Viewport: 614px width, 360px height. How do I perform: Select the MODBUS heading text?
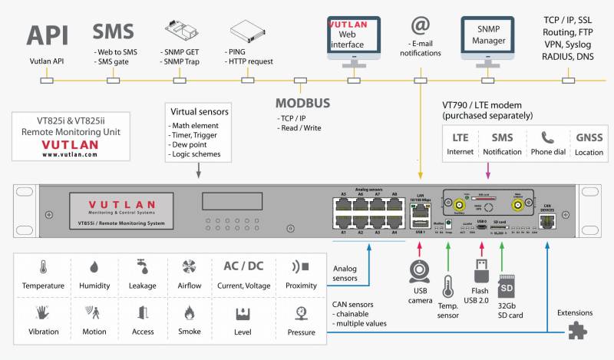[302, 103]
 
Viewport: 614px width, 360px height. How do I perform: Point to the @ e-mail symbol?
[420, 26]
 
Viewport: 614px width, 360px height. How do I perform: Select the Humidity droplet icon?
[94, 267]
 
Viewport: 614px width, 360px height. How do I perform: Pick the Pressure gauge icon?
[301, 312]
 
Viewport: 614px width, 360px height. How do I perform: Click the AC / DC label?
[243, 266]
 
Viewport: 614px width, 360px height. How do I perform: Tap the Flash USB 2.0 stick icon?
[480, 275]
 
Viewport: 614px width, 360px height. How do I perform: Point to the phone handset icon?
[546, 139]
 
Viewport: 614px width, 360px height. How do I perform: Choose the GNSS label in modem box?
[589, 138]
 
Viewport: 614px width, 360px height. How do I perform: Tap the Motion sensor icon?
[94, 312]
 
